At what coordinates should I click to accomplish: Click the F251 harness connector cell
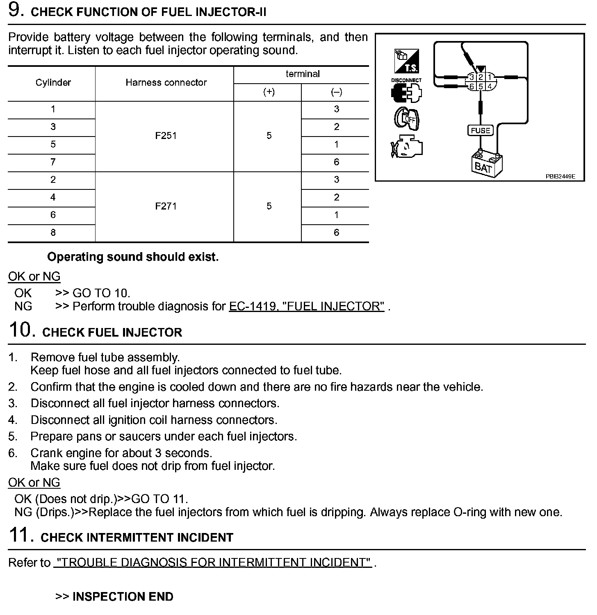166,136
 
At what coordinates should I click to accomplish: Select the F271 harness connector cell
166,206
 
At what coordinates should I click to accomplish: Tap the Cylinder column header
53,83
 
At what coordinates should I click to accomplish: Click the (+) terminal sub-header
269,92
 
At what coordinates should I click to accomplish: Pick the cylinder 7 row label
53,162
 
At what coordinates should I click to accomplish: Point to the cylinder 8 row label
53,233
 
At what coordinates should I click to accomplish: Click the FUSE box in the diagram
481,131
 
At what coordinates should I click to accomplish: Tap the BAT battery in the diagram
485,164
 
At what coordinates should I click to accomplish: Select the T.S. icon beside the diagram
406,61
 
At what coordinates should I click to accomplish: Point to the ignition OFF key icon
406,119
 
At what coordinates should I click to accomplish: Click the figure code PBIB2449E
560,177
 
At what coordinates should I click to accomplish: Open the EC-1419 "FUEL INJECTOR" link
306,306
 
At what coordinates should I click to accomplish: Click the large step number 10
20,330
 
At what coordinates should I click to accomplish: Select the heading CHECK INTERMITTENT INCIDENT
137,538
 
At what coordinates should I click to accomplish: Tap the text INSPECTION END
123,597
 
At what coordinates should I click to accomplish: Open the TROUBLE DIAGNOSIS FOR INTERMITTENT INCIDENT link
213,563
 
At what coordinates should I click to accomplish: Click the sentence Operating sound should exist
133,257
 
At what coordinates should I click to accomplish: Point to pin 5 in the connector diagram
481,87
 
